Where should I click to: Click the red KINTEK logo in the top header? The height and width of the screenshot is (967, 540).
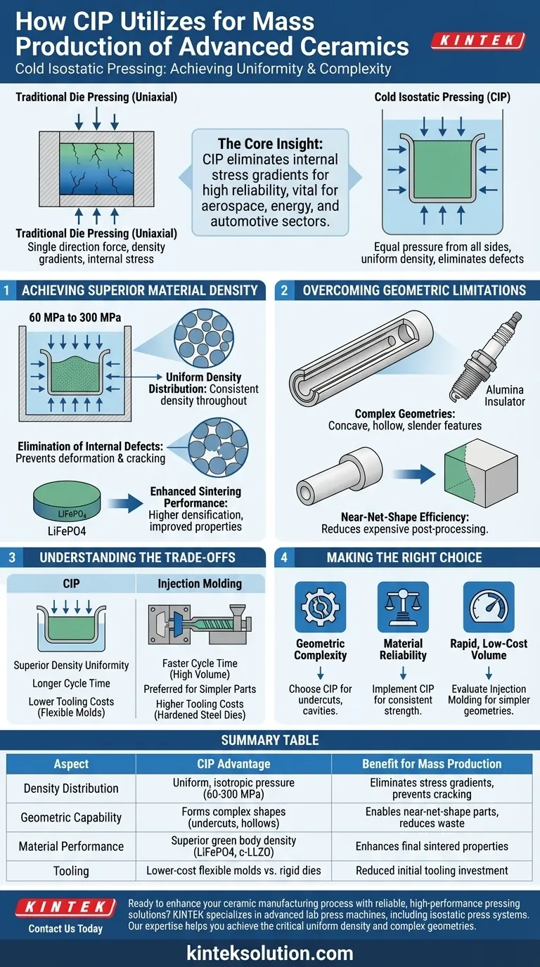click(x=478, y=41)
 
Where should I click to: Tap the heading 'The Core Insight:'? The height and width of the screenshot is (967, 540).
click(x=270, y=143)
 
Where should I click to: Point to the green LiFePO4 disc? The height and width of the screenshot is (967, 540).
click(x=67, y=502)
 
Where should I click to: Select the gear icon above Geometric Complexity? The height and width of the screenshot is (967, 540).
click(x=320, y=607)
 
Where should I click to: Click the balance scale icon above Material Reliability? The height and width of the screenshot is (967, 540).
click(x=403, y=607)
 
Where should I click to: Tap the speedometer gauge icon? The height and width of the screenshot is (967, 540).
click(x=489, y=607)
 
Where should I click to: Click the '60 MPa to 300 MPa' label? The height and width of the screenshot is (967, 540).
click(x=75, y=318)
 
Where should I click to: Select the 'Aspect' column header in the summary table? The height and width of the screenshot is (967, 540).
click(x=71, y=764)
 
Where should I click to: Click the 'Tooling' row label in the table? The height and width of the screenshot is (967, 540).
click(x=71, y=871)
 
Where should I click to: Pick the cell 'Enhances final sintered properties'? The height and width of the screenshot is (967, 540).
click(x=432, y=846)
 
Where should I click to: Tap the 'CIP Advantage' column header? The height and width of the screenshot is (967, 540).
click(x=233, y=764)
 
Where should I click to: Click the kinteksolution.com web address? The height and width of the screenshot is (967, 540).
click(x=270, y=953)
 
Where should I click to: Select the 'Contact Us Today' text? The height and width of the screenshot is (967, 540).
click(x=65, y=928)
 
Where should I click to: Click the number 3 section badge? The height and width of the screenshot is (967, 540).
click(x=12, y=557)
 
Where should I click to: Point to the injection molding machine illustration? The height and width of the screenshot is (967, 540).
click(x=200, y=625)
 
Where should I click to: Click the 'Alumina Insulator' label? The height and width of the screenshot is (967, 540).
click(x=505, y=396)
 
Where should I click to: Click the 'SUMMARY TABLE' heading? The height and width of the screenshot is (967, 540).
click(x=270, y=740)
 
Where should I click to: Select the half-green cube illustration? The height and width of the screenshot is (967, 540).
click(x=481, y=473)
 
